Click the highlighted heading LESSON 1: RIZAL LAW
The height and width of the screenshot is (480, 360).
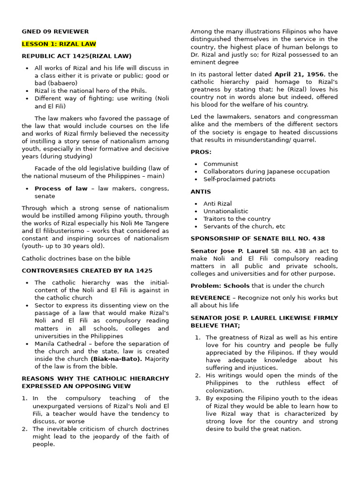pos(59,44)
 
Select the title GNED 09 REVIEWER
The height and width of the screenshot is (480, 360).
pos(55,31)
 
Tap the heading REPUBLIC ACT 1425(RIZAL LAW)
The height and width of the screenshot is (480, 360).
pos(76,56)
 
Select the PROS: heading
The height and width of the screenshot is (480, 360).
pos(201,152)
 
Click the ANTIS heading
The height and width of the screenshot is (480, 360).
pos(201,192)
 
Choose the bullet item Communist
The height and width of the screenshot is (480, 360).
pos(220,164)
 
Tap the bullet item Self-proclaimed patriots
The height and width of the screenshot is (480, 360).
pos(239,179)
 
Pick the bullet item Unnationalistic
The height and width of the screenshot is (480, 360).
pos(225,211)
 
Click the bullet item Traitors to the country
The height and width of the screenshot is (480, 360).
pos(237,219)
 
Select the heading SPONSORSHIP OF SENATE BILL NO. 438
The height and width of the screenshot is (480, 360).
pos(257,239)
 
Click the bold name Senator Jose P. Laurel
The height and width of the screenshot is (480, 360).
pos(222,251)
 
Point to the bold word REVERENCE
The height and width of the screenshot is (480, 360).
pos(210,298)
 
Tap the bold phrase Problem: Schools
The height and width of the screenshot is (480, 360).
pos(220,285)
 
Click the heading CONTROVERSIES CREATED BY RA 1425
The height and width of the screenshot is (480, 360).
pos(87,270)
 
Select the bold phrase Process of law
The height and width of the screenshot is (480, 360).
pos(61,188)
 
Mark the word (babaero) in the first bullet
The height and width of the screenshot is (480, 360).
pos(63,83)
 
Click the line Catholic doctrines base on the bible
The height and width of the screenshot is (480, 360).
pos(76,258)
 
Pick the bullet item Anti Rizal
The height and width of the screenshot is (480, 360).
pos(217,204)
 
